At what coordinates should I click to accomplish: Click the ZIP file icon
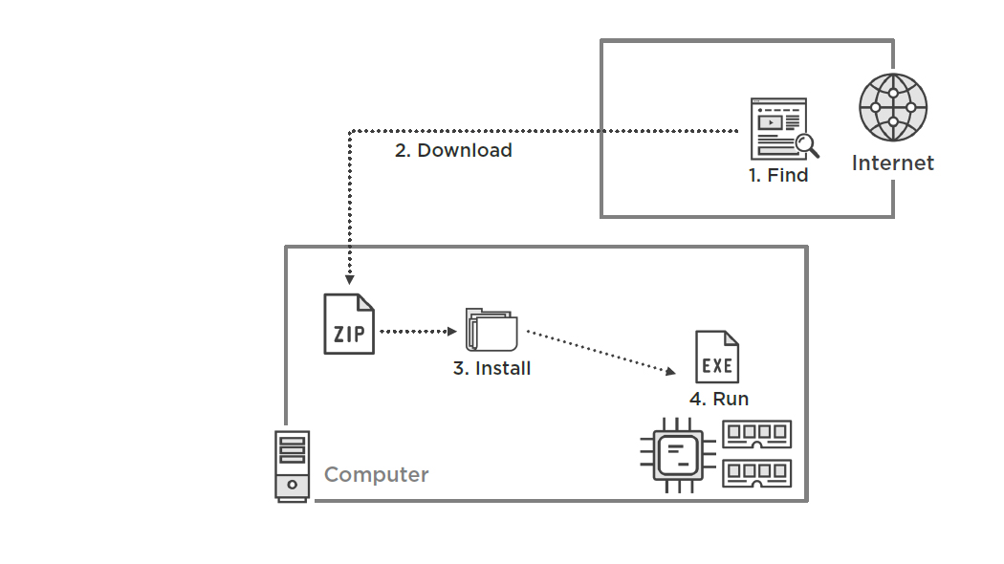[x=349, y=324]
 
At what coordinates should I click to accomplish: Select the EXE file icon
[x=717, y=357]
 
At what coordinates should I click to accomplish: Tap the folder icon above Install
[x=491, y=331]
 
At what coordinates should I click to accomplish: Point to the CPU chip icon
[x=680, y=455]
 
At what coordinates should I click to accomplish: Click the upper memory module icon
[x=756, y=435]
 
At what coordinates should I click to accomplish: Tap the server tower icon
[x=292, y=466]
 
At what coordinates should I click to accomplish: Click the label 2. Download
[x=453, y=151]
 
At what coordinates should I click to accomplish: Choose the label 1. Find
[x=778, y=176]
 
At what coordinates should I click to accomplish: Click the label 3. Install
[x=491, y=369]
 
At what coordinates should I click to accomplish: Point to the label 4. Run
[x=719, y=400]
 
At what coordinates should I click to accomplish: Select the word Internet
[x=893, y=163]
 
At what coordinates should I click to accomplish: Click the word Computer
[x=377, y=475]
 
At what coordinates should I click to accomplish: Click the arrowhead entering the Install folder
[x=453, y=332]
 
